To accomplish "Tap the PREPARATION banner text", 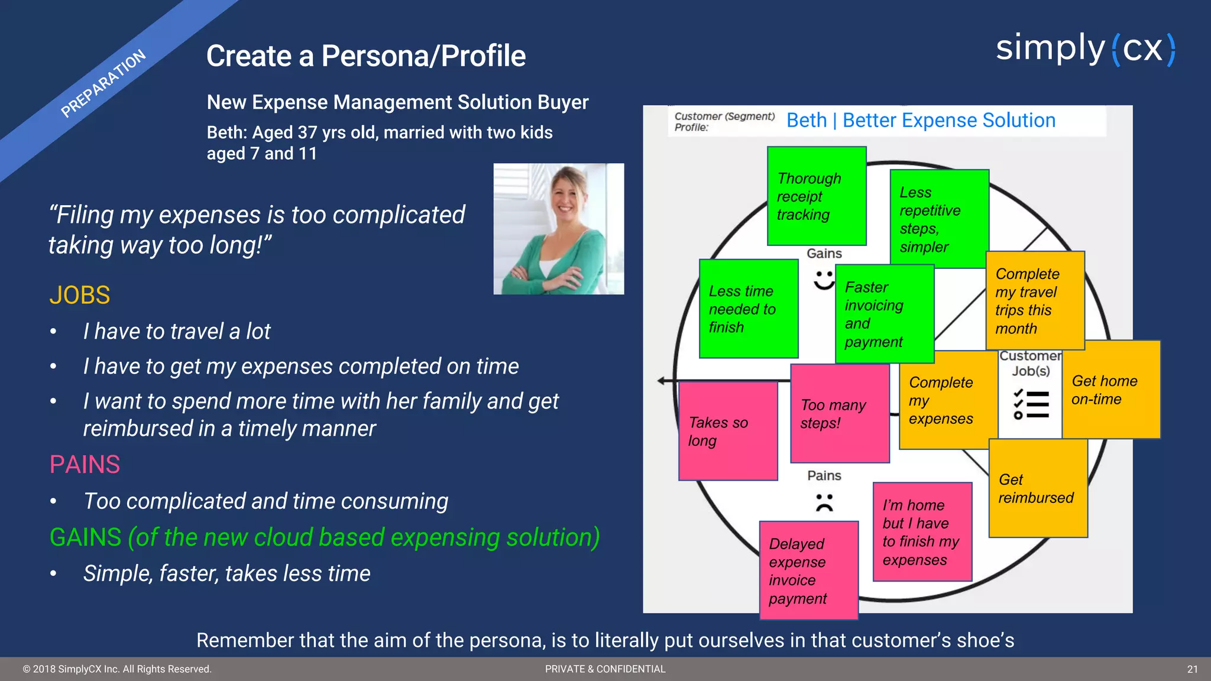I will tap(103, 83).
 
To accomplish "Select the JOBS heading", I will tap(80, 295).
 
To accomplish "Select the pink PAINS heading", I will tap(85, 465).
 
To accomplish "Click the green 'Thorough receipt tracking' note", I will tap(816, 196).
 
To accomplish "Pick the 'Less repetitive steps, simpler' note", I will tap(939, 219).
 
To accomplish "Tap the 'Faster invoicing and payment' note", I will tap(884, 314).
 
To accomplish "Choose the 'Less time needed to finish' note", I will tap(748, 309).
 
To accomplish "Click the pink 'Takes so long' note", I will tap(727, 431).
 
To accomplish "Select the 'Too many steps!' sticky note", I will tap(839, 414).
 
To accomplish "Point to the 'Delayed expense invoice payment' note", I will tap(808, 570).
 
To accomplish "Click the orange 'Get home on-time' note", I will tap(1110, 390).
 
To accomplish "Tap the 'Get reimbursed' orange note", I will tap(1038, 488).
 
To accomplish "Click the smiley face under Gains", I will tap(824, 280).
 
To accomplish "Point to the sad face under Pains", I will tap(824, 502).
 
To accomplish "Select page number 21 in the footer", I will tap(1192, 669).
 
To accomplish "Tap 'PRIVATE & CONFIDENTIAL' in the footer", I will tap(605, 669).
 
